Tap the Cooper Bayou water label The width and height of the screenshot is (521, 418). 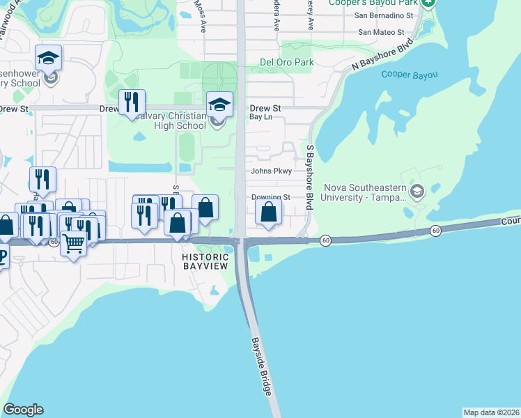point(410,75)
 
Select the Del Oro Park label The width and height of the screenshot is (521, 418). point(286,62)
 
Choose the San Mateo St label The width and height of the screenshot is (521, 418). point(381,32)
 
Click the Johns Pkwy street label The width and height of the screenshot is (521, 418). point(270,171)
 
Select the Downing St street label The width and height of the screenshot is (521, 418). point(270,197)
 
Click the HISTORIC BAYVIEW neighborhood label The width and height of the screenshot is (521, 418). point(205,261)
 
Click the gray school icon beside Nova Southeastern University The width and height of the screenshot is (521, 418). point(417,192)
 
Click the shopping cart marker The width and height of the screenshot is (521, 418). point(74,244)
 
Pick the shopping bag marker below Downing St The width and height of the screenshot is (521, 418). point(269,212)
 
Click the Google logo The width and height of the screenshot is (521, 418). point(23,410)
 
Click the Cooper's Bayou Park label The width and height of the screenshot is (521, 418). point(387,3)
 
